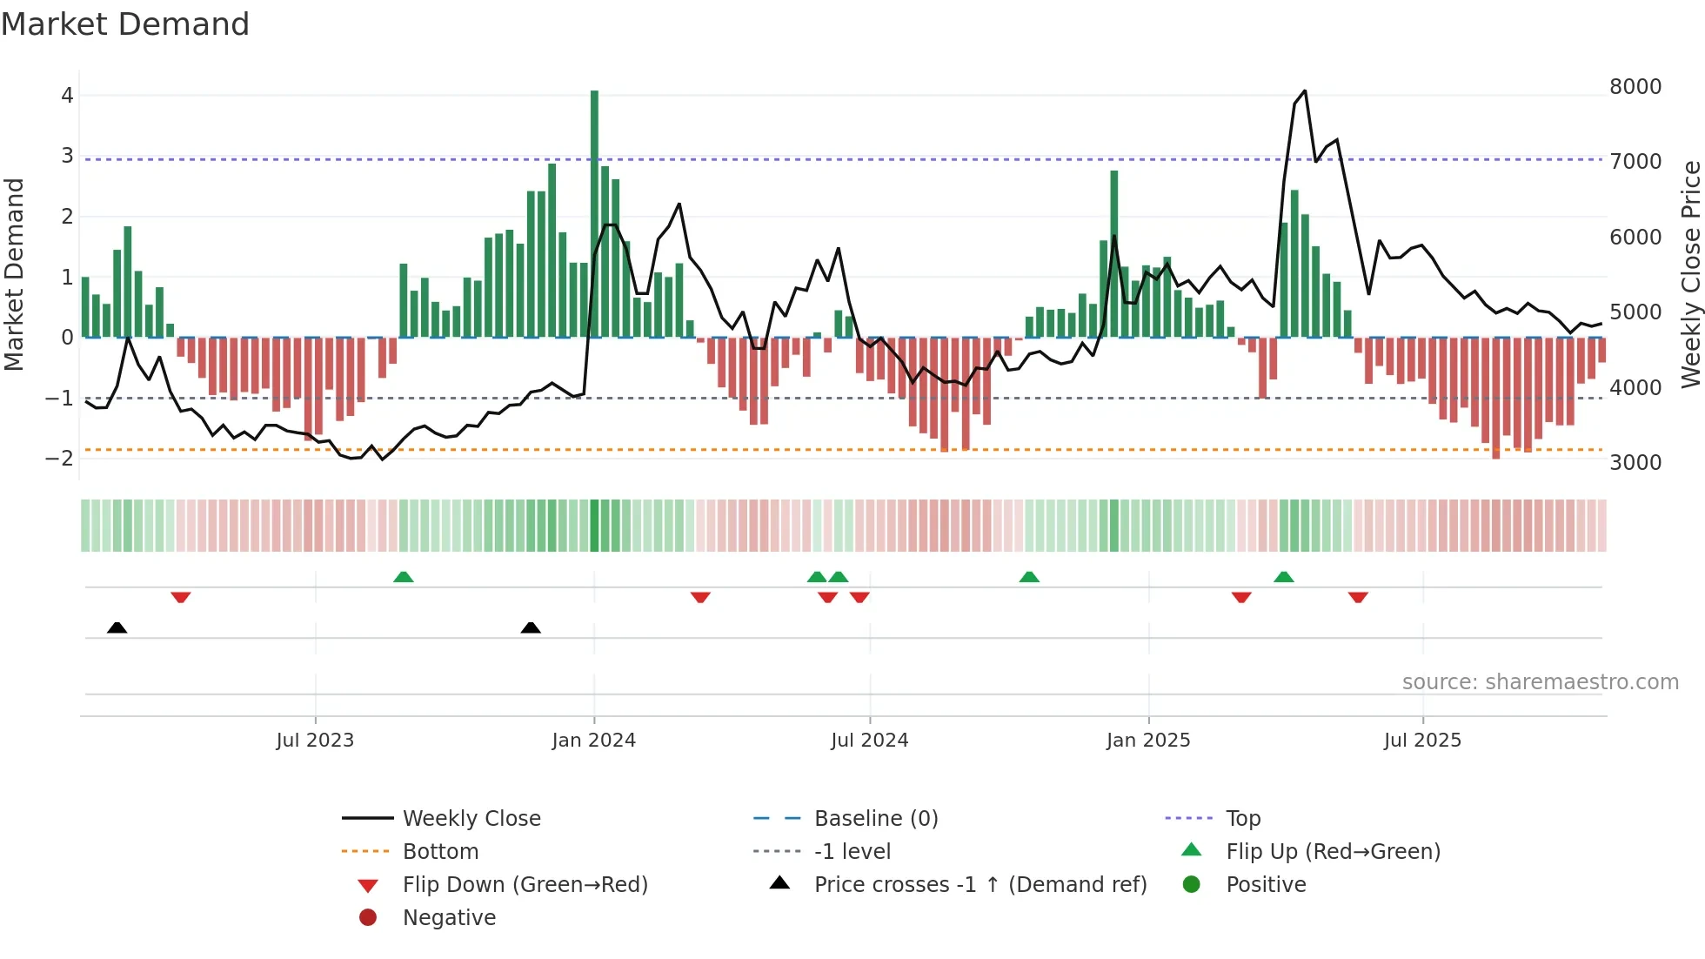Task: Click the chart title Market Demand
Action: pos(125,24)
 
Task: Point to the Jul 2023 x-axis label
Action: pos(315,741)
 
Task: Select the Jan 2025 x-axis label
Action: pos(1148,741)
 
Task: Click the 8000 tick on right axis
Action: pos(1635,87)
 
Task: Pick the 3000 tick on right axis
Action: pos(1635,463)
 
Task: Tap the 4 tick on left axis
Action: pos(67,96)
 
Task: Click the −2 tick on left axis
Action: pos(60,459)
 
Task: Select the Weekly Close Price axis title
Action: pos(1690,274)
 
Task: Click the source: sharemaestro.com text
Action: pos(1540,682)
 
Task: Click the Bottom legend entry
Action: pos(440,852)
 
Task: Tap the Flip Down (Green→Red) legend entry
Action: pos(525,885)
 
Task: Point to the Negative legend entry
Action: pos(449,918)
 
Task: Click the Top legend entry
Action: pos(1243,819)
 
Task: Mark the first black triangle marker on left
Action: pos(117,628)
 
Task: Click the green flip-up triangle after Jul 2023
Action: pos(404,577)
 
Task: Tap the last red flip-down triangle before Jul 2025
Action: pos(1358,597)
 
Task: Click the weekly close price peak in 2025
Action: pos(1304,91)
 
